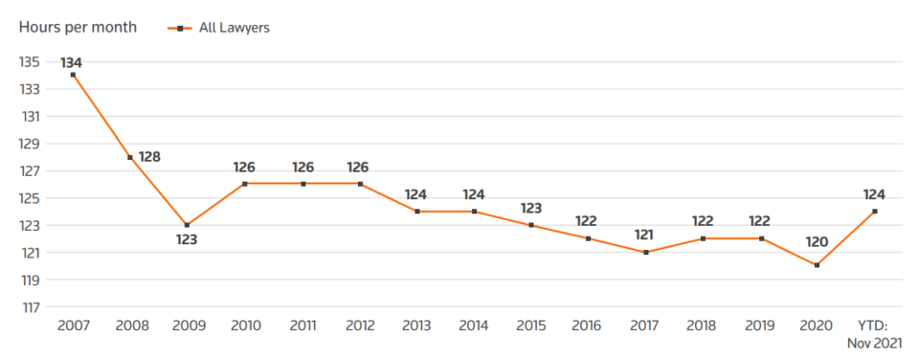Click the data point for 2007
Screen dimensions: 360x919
click(73, 75)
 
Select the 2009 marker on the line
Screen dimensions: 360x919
click(187, 225)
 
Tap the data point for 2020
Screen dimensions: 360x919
click(816, 265)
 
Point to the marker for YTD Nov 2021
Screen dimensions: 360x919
click(873, 211)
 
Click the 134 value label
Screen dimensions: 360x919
click(72, 62)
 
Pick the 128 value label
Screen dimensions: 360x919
click(150, 156)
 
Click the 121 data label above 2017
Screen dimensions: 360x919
click(644, 236)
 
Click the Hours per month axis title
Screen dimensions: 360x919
click(78, 28)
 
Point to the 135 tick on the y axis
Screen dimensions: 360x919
click(30, 62)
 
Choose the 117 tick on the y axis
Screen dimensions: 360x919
click(30, 307)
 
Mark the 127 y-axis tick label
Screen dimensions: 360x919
click(30, 171)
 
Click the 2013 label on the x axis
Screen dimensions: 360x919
click(415, 326)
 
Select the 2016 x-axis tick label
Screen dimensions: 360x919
click(587, 326)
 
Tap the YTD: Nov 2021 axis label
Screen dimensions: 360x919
click(873, 334)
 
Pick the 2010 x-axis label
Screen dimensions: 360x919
click(244, 326)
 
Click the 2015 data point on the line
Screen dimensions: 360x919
click(530, 225)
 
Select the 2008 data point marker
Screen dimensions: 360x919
click(130, 157)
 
